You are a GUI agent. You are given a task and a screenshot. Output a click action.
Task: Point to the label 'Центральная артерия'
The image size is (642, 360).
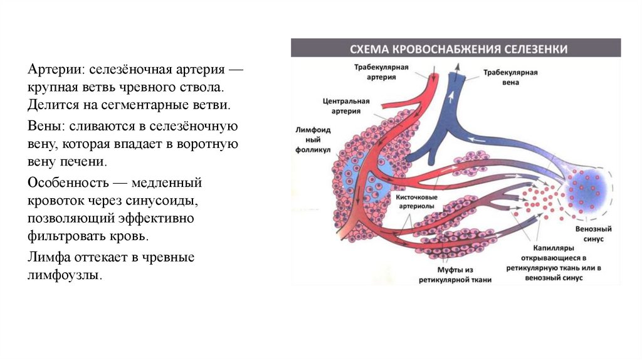[346, 105]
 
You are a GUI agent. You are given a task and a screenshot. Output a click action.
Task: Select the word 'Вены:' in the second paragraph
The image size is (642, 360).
[44, 126]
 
